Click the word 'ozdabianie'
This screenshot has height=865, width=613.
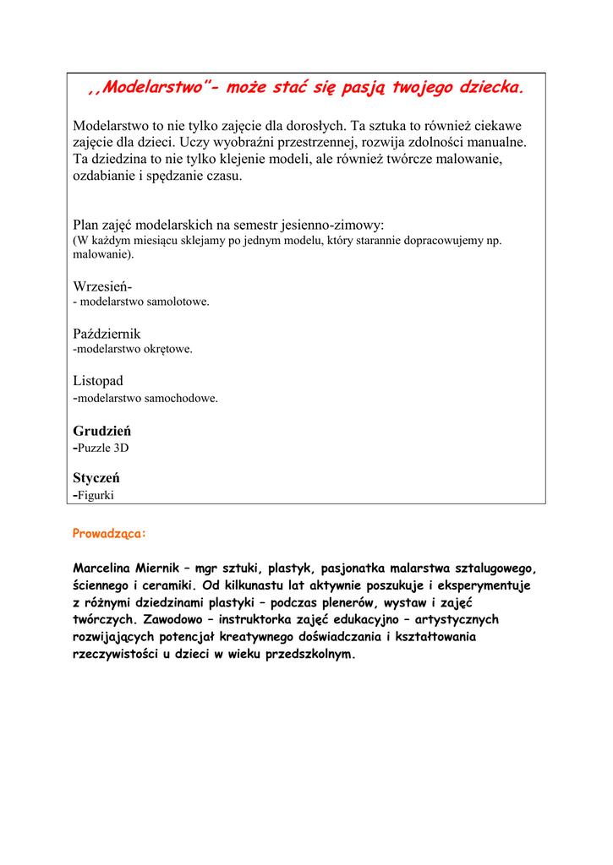[106, 176]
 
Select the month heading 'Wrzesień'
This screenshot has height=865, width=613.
[101, 286]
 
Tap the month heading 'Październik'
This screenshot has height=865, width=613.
[107, 334]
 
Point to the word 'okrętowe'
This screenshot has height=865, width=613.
[168, 349]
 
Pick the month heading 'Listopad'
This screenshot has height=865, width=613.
[98, 381]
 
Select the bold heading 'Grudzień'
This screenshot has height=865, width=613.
[101, 431]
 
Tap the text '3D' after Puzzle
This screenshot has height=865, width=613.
[121, 448]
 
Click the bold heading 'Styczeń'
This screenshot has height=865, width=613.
[96, 478]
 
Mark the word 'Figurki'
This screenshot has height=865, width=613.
[96, 495]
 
